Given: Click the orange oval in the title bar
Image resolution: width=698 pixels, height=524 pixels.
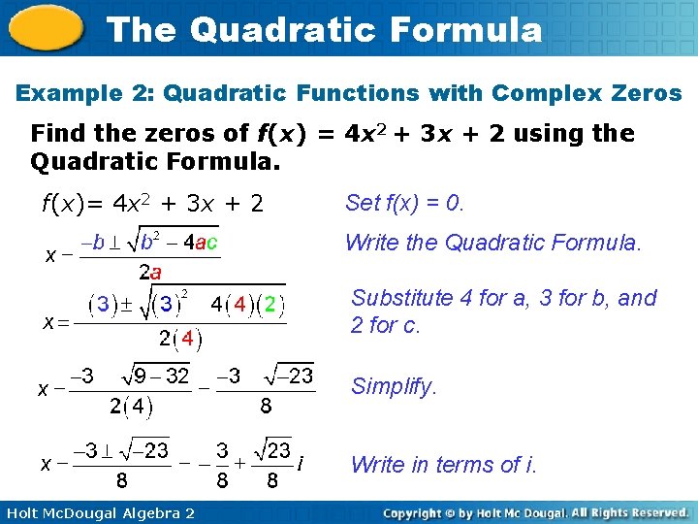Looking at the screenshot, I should click(x=45, y=28).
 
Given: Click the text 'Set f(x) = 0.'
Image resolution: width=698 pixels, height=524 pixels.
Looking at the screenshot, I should click(x=405, y=203).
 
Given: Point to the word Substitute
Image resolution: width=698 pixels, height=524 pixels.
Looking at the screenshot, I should click(x=399, y=298).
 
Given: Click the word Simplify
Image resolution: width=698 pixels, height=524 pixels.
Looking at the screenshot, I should click(x=394, y=386).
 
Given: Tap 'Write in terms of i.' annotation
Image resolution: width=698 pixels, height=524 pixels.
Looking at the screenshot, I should click(x=444, y=465).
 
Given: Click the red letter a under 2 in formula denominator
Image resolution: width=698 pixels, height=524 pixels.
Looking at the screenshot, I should click(x=155, y=273).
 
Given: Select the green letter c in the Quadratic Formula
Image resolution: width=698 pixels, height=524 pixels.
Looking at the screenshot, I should click(x=211, y=242).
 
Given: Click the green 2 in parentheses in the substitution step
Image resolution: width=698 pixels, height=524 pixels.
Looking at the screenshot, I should click(x=270, y=305).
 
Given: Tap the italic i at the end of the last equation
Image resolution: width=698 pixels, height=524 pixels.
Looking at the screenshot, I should click(x=301, y=465).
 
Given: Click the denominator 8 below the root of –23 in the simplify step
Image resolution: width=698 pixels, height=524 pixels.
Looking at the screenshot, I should click(x=266, y=407).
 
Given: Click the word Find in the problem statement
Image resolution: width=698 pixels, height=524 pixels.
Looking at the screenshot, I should click(x=57, y=133).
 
